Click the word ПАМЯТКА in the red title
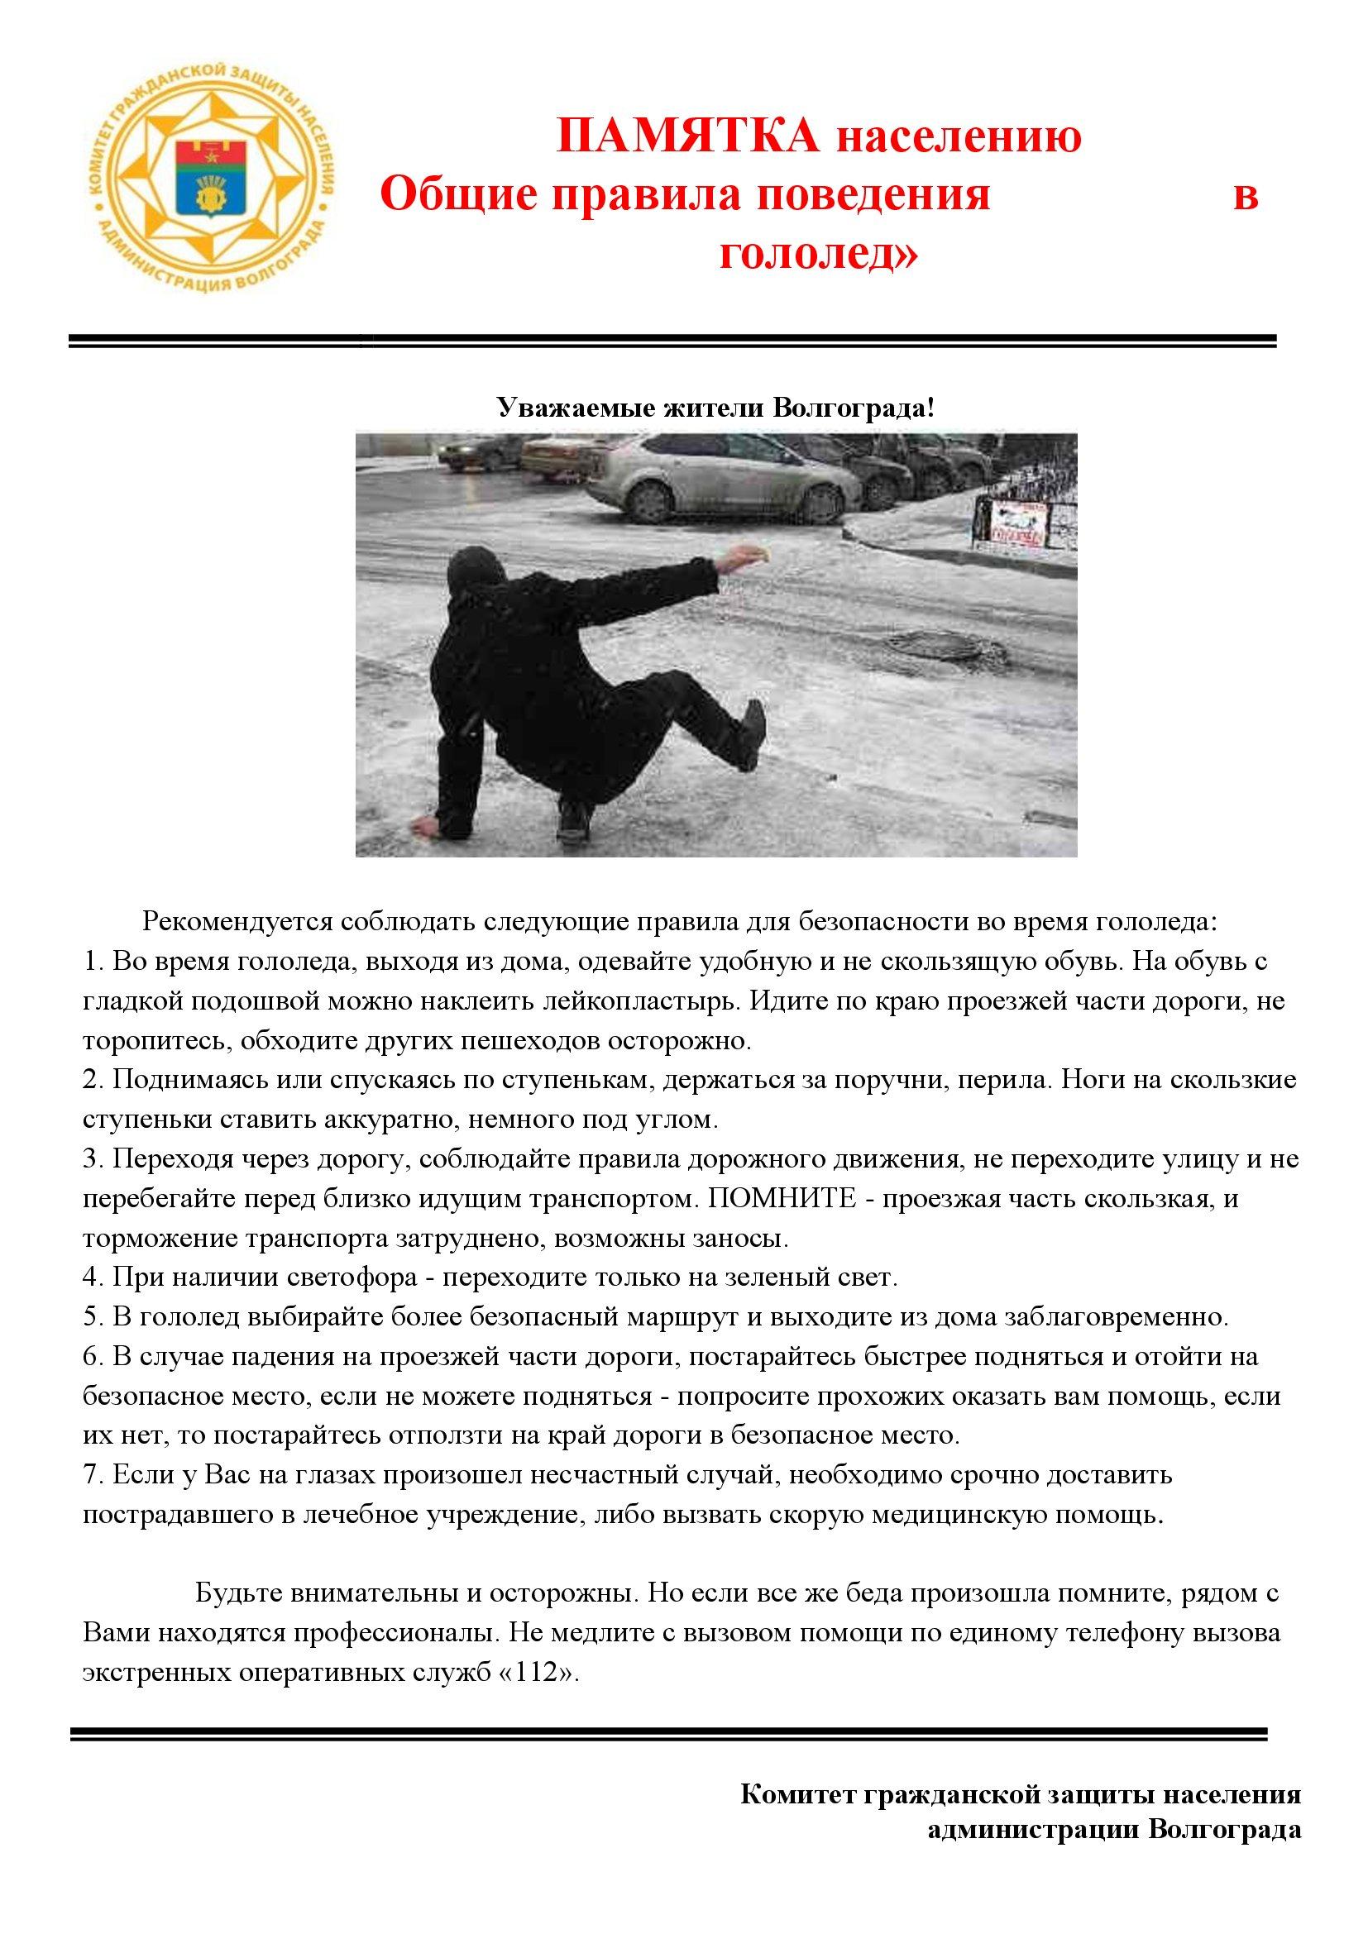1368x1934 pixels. (x=687, y=136)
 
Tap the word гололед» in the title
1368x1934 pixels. (x=818, y=254)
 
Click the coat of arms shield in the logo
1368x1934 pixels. (x=208, y=177)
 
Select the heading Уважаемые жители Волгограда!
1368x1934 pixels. (x=716, y=408)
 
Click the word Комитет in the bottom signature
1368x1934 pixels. (x=797, y=1790)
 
